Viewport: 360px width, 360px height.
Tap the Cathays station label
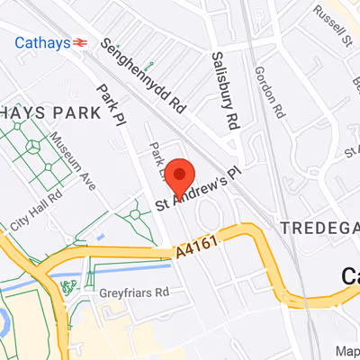(42, 40)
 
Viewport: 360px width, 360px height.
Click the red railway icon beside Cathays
(81, 40)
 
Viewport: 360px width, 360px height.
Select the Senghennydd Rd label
(144, 76)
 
